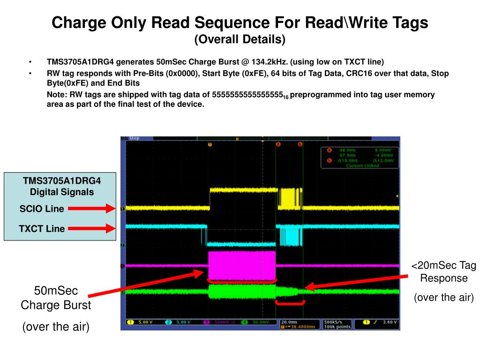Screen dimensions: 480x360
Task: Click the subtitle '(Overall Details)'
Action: coord(240,40)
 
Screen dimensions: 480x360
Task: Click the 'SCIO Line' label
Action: coord(42,209)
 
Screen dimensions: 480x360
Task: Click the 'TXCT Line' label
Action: coord(42,229)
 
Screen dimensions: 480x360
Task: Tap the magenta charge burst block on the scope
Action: coord(241,265)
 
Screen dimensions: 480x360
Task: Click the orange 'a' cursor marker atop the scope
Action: coord(278,144)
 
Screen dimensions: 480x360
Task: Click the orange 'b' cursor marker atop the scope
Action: coord(300,144)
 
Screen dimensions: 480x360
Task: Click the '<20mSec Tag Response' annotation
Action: coord(443,272)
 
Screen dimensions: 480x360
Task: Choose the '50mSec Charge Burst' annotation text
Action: coord(56,298)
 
